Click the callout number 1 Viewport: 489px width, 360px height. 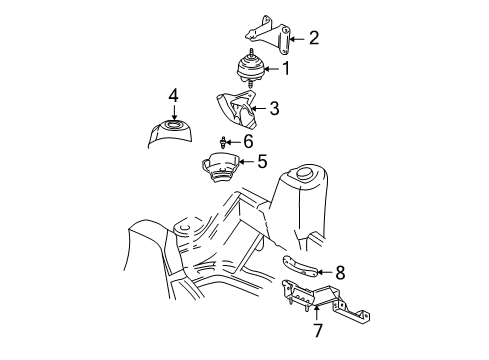[286, 69]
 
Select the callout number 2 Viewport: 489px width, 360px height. [313, 39]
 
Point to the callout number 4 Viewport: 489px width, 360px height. [173, 96]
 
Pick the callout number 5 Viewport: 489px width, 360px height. [262, 160]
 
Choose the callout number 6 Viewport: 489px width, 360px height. [248, 141]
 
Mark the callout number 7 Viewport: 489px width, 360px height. [317, 328]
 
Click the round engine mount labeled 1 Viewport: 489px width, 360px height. [251, 72]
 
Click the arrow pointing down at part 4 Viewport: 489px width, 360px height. [173, 111]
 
